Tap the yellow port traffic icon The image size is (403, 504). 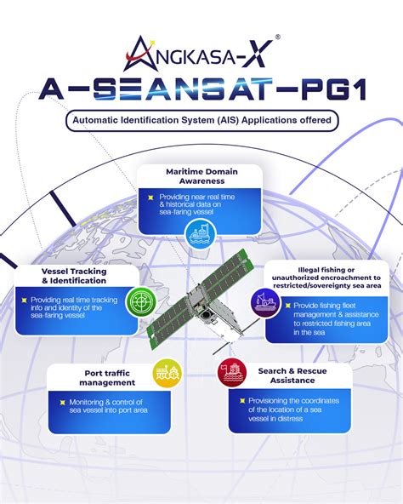(x=167, y=371)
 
